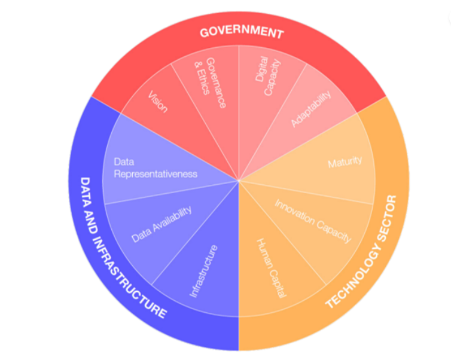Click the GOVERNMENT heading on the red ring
pos(240,31)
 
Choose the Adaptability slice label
pos(312,108)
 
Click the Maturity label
pos(345,163)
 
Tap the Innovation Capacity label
pos(313,221)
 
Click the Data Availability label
pos(161,224)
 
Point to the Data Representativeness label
pos(155,168)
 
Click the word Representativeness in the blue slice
pos(155,174)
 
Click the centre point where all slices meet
pos(239,180)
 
